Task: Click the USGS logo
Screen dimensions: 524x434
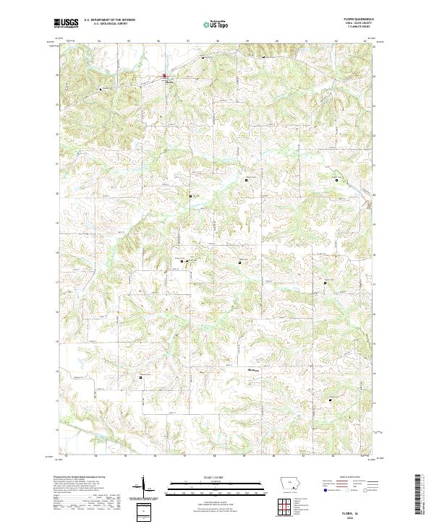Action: pyautogui.click(x=67, y=24)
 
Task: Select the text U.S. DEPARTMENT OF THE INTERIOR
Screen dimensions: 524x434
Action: pyautogui.click(x=109, y=21)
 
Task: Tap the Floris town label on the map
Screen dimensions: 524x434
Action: pyautogui.click(x=170, y=81)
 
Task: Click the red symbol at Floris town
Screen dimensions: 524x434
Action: pyautogui.click(x=164, y=75)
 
